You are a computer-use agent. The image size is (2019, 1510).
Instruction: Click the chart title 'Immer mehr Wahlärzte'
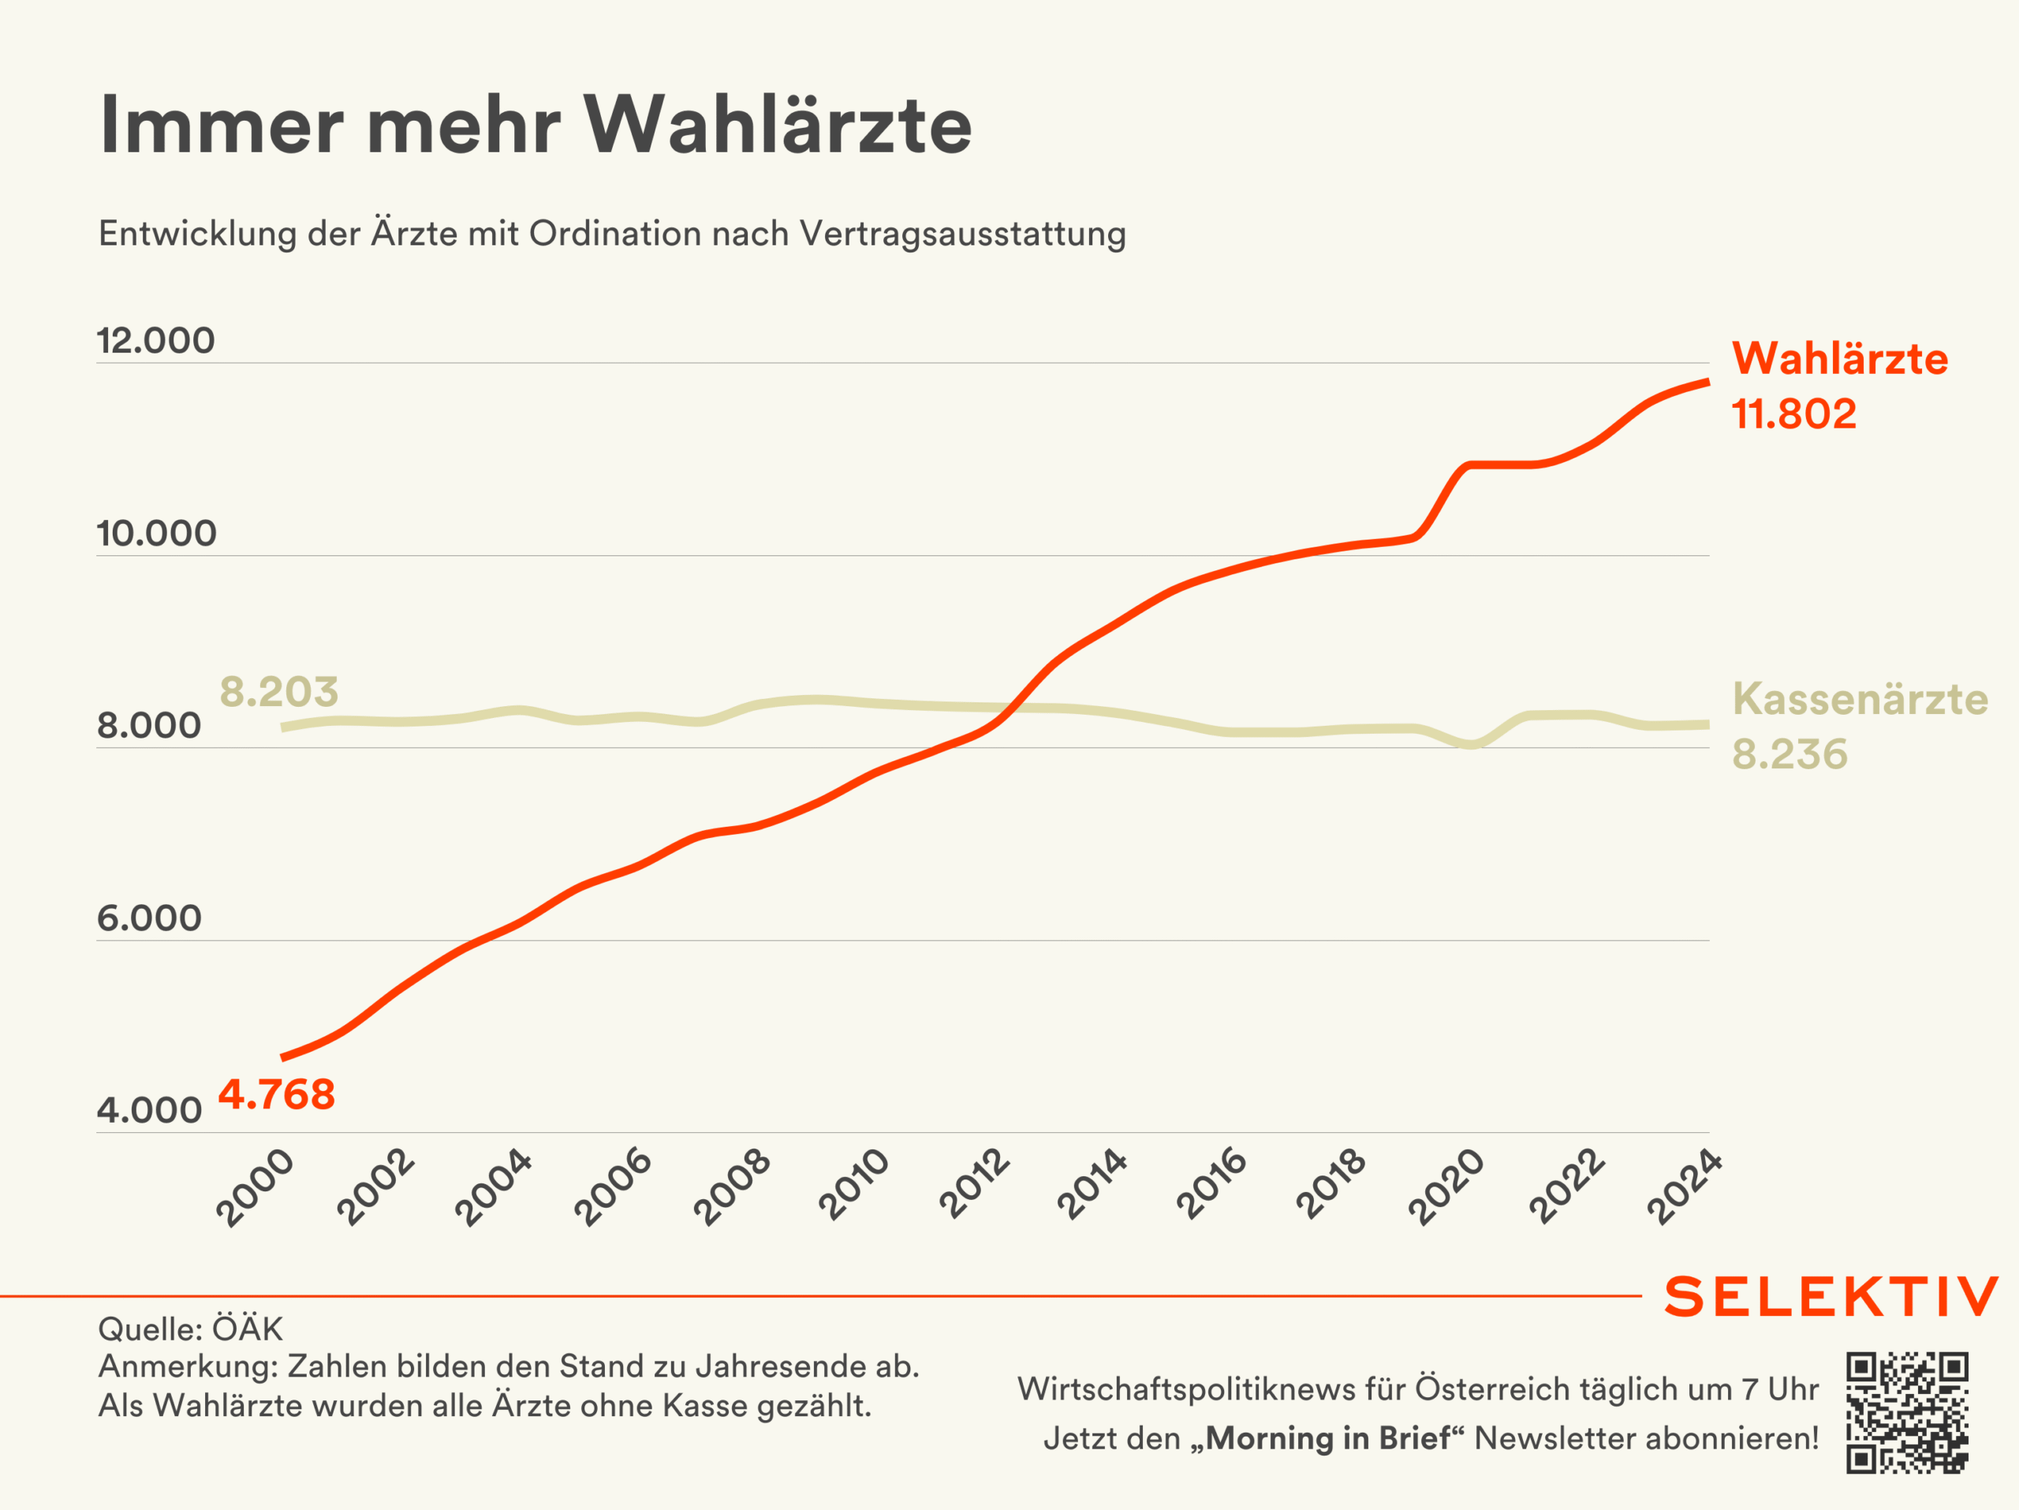(x=536, y=125)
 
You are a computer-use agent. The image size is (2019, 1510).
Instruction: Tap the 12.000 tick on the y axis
(x=156, y=341)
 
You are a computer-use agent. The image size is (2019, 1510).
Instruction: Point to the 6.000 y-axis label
(x=150, y=918)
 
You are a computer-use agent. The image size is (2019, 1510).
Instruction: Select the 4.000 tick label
(x=150, y=1110)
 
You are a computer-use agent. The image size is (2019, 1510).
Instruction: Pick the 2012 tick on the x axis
(x=975, y=1184)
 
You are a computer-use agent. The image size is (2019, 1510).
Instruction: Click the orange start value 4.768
(x=277, y=1093)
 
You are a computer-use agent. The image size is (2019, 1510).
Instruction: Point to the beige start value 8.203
(x=279, y=692)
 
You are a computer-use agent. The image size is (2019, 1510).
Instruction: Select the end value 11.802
(x=1793, y=413)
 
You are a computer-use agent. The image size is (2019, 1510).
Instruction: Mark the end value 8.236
(x=1789, y=754)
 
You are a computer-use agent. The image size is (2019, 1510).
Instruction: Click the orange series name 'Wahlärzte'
(x=1839, y=358)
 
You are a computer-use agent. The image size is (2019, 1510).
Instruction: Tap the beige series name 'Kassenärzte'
(x=1859, y=698)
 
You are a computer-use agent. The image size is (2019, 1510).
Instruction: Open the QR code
(x=1907, y=1412)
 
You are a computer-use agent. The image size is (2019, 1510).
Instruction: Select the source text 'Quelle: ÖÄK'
(x=191, y=1329)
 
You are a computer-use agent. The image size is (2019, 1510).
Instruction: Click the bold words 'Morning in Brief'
(x=1328, y=1438)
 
